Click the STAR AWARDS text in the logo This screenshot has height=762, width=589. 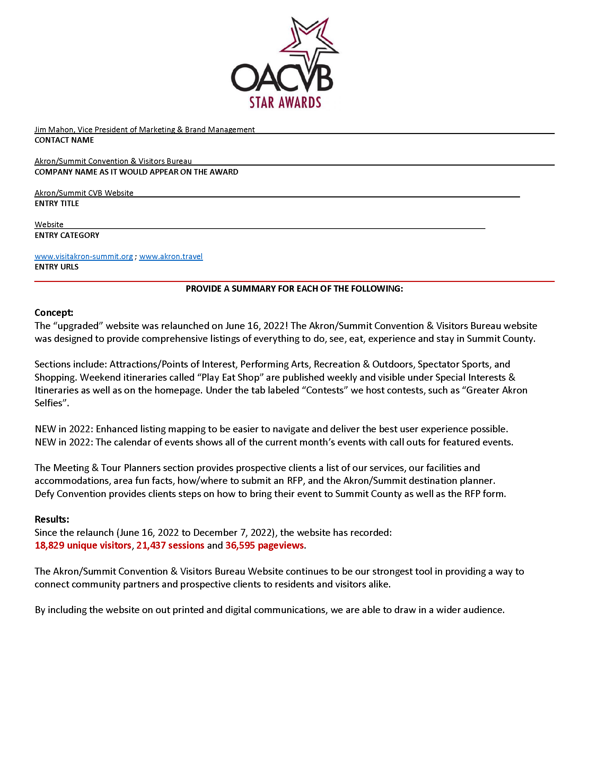pyautogui.click(x=285, y=103)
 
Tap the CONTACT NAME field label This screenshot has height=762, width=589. pyautogui.click(x=64, y=140)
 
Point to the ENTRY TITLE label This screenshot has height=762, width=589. pyautogui.click(x=56, y=203)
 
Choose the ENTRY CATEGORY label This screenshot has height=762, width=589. pyautogui.click(x=67, y=235)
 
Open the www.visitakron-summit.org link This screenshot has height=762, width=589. pyautogui.click(x=84, y=256)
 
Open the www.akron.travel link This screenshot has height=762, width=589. pyautogui.click(x=170, y=256)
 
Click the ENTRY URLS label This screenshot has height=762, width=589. pyautogui.click(x=56, y=267)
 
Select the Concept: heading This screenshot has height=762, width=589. pyautogui.click(x=54, y=312)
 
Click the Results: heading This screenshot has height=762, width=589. pyautogui.click(x=52, y=519)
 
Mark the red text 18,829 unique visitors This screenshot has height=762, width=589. pyautogui.click(x=83, y=545)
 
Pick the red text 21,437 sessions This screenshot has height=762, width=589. pyautogui.click(x=170, y=545)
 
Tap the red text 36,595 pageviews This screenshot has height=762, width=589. pyautogui.click(x=264, y=545)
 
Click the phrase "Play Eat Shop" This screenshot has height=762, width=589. pyautogui.click(x=231, y=377)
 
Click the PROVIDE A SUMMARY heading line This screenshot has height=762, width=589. pyautogui.click(x=294, y=289)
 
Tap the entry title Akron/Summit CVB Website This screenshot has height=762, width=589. pyautogui.click(x=84, y=193)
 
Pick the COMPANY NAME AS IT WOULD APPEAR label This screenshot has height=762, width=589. pyautogui.click(x=136, y=172)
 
